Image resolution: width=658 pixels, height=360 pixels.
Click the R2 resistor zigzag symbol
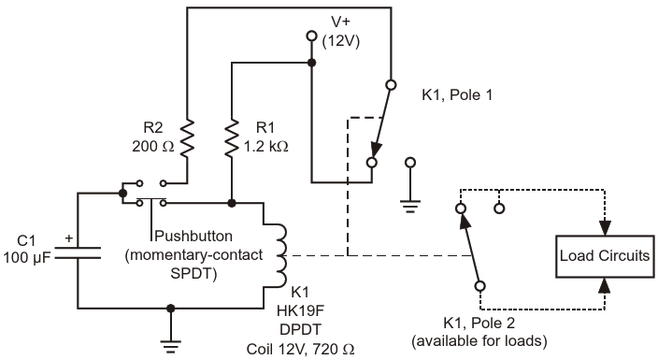point(187,138)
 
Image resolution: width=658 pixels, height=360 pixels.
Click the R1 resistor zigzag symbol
point(232,138)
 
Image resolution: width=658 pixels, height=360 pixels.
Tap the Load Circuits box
point(605,256)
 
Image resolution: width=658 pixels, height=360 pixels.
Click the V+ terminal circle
point(311,36)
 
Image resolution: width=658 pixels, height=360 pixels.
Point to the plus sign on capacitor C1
point(69,238)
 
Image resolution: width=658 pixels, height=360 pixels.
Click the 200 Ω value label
point(152,146)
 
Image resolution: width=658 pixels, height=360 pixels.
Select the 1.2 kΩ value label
point(266,146)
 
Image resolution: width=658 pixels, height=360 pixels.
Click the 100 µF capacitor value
point(27,257)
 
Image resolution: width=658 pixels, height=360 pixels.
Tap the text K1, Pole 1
point(457,95)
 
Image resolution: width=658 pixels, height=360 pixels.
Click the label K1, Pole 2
point(479,323)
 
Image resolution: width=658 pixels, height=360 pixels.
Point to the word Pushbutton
point(193,236)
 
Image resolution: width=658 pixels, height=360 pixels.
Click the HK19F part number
point(300,310)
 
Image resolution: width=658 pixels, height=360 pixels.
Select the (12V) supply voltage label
point(341,41)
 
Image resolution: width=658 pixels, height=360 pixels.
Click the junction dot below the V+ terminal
point(311,63)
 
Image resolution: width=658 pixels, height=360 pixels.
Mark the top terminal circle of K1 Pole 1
point(391,85)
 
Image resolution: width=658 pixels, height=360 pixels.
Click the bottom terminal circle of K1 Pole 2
point(480,286)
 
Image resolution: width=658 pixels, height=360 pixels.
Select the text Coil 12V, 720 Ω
point(300,349)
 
